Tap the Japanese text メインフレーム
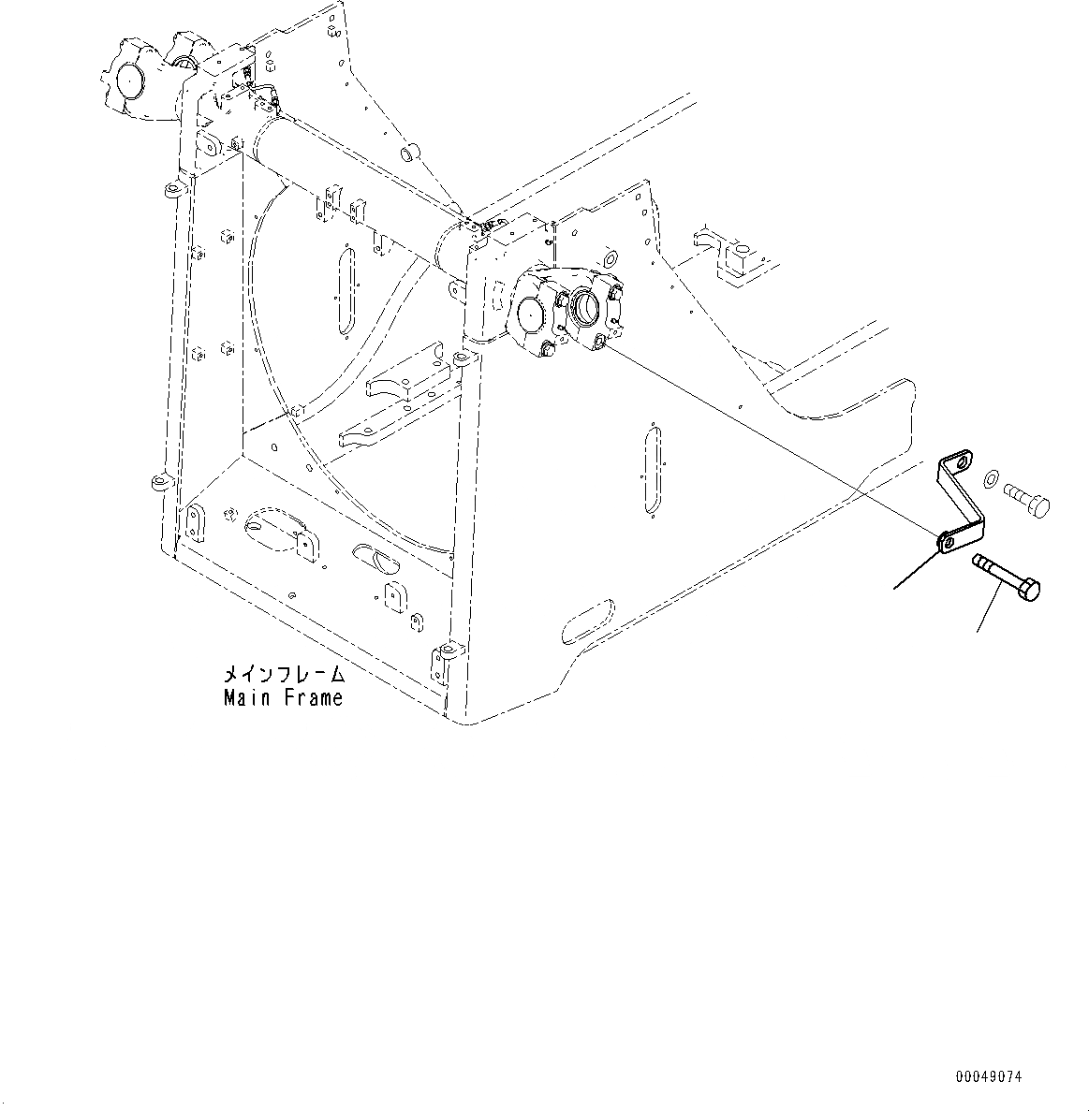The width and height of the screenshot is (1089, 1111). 282,675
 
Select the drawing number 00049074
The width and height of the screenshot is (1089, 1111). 989,1076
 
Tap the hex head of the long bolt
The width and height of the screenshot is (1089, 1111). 1030,592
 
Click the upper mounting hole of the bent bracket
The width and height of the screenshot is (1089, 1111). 956,460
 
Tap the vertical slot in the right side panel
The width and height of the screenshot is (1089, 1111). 655,468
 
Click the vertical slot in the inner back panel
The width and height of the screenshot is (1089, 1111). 346,290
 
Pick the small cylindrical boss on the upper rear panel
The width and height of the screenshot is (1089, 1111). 409,152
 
